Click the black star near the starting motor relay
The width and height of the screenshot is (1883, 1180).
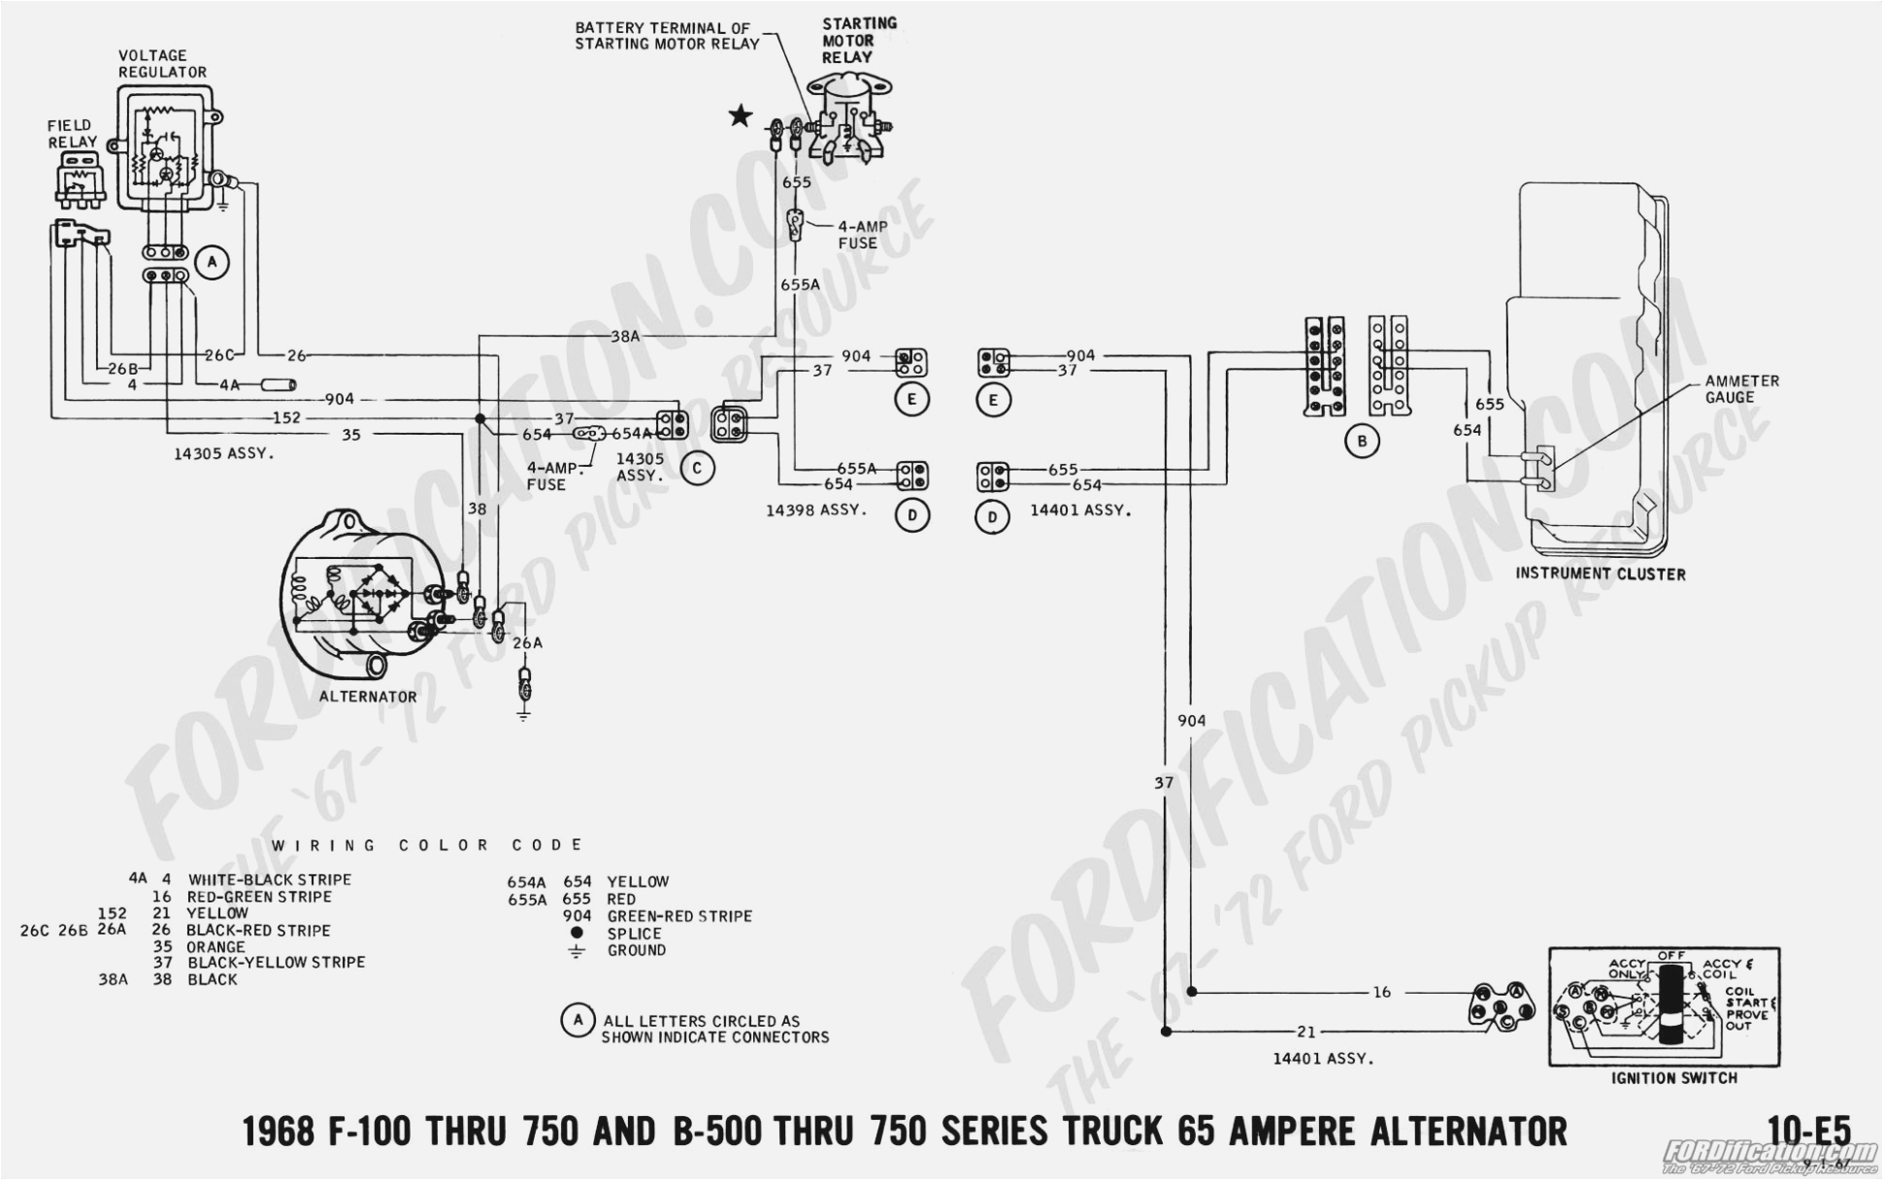point(741,117)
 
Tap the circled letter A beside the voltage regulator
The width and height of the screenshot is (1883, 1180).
point(212,262)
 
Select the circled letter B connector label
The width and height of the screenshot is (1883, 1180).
point(1362,442)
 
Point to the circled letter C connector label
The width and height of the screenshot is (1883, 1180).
point(697,469)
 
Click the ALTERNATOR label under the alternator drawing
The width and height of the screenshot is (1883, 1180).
point(368,697)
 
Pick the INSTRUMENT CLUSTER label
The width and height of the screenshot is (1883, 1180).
point(1601,574)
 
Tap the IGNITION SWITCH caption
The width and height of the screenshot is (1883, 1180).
point(1674,1077)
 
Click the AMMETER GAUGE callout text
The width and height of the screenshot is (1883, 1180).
point(1742,389)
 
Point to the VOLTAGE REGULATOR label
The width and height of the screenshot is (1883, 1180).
point(161,64)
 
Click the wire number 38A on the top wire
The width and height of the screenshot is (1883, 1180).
point(625,337)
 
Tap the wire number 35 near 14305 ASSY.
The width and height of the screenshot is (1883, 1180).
point(351,435)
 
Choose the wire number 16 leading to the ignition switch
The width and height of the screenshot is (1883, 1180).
point(1382,992)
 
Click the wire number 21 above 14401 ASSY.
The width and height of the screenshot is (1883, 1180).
point(1305,1032)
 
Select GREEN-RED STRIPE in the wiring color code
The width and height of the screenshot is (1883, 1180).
point(679,916)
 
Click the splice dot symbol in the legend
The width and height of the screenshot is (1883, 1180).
point(577,933)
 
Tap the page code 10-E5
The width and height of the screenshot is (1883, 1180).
point(1809,1131)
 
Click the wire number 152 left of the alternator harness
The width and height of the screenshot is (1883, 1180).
point(286,418)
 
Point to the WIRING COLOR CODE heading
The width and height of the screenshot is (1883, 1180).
point(427,845)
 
